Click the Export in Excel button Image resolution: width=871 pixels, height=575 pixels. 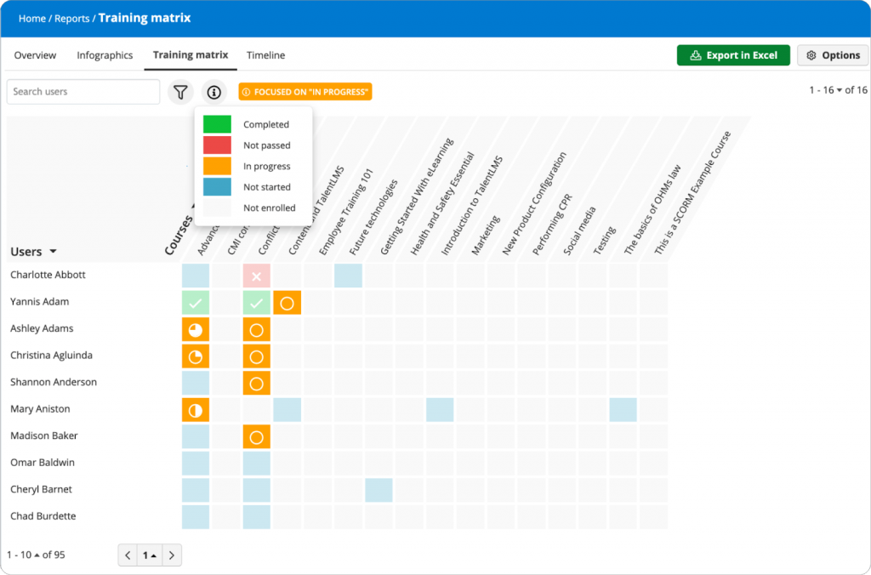pos(733,55)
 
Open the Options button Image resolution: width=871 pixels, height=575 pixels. pos(833,55)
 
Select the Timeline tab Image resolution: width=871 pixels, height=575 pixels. pos(265,55)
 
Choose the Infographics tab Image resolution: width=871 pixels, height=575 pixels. pos(105,55)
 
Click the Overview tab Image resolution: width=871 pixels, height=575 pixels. pos(35,55)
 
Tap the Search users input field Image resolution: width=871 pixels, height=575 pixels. pos(83,92)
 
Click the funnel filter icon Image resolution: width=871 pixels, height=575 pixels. pos(180,92)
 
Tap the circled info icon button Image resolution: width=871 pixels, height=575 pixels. pos(213,92)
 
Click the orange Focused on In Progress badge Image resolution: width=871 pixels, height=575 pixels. pos(305,92)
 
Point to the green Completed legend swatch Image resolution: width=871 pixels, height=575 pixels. pos(217,124)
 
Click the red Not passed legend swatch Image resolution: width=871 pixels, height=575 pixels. pos(217,145)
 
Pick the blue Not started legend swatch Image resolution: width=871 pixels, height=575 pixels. pos(217,187)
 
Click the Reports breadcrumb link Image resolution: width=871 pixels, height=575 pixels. pos(71,19)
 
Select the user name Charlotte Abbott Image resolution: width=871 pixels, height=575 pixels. pos(48,275)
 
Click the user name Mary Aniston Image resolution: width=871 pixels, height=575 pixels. pos(40,409)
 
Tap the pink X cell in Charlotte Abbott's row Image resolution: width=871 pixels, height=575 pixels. pos(256,276)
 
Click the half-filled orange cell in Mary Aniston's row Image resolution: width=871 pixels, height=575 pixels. pos(196,410)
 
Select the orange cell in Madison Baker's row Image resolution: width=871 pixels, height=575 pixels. pos(256,436)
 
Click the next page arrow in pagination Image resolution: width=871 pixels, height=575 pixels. pos(172,555)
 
